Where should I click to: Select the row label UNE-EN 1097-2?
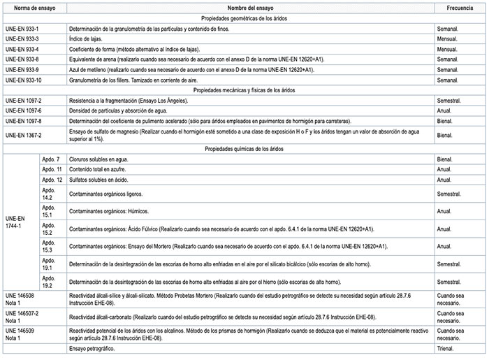[x=24, y=101]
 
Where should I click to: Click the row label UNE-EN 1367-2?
[x=24, y=135]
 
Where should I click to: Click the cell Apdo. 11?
[x=54, y=170]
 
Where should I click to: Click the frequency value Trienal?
[x=448, y=348]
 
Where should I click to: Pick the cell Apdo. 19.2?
[x=49, y=282]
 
